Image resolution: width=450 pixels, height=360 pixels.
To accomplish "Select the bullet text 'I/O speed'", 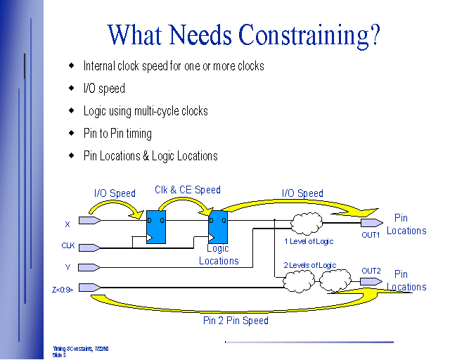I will pos(104,89).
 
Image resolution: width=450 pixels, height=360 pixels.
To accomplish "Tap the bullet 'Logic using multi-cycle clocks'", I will pos(146,111).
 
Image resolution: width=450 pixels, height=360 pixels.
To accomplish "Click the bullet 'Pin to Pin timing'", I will pos(117,134).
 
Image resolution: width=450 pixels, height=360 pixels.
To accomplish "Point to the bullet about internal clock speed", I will pos(174,66).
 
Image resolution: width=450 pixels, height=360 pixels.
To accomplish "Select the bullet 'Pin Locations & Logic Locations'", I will pos(150,156).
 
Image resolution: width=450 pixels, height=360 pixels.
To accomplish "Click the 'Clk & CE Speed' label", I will pos(188,190).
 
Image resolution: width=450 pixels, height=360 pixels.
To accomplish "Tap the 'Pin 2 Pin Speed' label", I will pos(235,321).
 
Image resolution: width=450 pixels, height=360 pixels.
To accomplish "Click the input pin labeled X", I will pos(90,221).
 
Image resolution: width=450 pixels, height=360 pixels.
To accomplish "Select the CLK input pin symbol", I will pos(90,247).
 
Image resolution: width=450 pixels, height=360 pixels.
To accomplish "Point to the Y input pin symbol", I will pos(90,267).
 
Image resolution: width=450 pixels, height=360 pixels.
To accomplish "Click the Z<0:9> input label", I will pos(62,288).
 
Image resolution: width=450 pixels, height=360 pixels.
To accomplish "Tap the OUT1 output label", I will pos(371,236).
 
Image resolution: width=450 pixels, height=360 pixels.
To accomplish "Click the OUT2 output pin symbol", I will pos(371,281).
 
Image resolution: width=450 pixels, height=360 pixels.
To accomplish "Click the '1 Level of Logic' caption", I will pos(308,241).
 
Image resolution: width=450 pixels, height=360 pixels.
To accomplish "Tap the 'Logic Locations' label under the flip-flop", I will pos(219,255).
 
